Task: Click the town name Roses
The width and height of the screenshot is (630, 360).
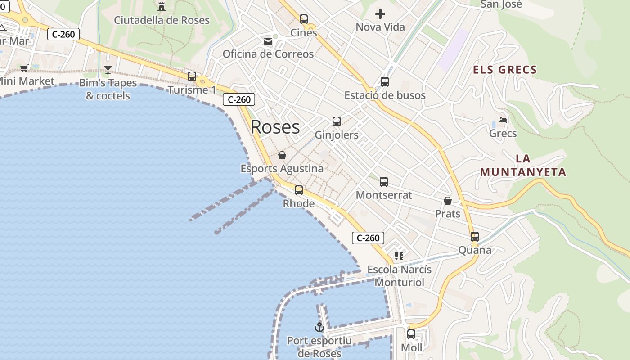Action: coord(275,127)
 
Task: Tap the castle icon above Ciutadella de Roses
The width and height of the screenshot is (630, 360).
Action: coord(161,6)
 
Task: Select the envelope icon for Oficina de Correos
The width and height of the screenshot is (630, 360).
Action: coord(268,41)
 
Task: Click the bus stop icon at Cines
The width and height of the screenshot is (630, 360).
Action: coord(304,19)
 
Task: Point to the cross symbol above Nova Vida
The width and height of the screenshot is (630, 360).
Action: coord(380,14)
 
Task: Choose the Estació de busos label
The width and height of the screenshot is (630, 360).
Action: coord(385,95)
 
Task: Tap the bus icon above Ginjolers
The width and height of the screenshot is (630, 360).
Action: coord(337,121)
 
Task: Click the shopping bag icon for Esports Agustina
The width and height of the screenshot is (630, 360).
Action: coord(282,155)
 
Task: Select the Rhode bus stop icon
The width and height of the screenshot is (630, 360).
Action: coord(299,190)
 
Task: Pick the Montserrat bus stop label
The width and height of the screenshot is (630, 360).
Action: coord(384,195)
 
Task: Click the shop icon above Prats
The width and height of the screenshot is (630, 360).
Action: coord(448,200)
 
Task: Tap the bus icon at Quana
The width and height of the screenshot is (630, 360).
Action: coord(475,236)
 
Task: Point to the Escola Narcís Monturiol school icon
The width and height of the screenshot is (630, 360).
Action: coord(399,256)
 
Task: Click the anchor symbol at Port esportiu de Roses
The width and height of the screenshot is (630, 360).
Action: coord(319,327)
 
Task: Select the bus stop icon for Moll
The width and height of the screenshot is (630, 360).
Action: coord(411,334)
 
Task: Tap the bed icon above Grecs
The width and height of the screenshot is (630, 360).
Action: coord(503,120)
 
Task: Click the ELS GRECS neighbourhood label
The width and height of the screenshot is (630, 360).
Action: coord(505,70)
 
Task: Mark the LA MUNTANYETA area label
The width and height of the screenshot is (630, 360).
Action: coord(523,165)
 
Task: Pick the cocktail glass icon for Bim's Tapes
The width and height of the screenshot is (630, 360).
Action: coord(108,69)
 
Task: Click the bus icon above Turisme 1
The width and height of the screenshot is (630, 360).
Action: coord(192,76)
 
